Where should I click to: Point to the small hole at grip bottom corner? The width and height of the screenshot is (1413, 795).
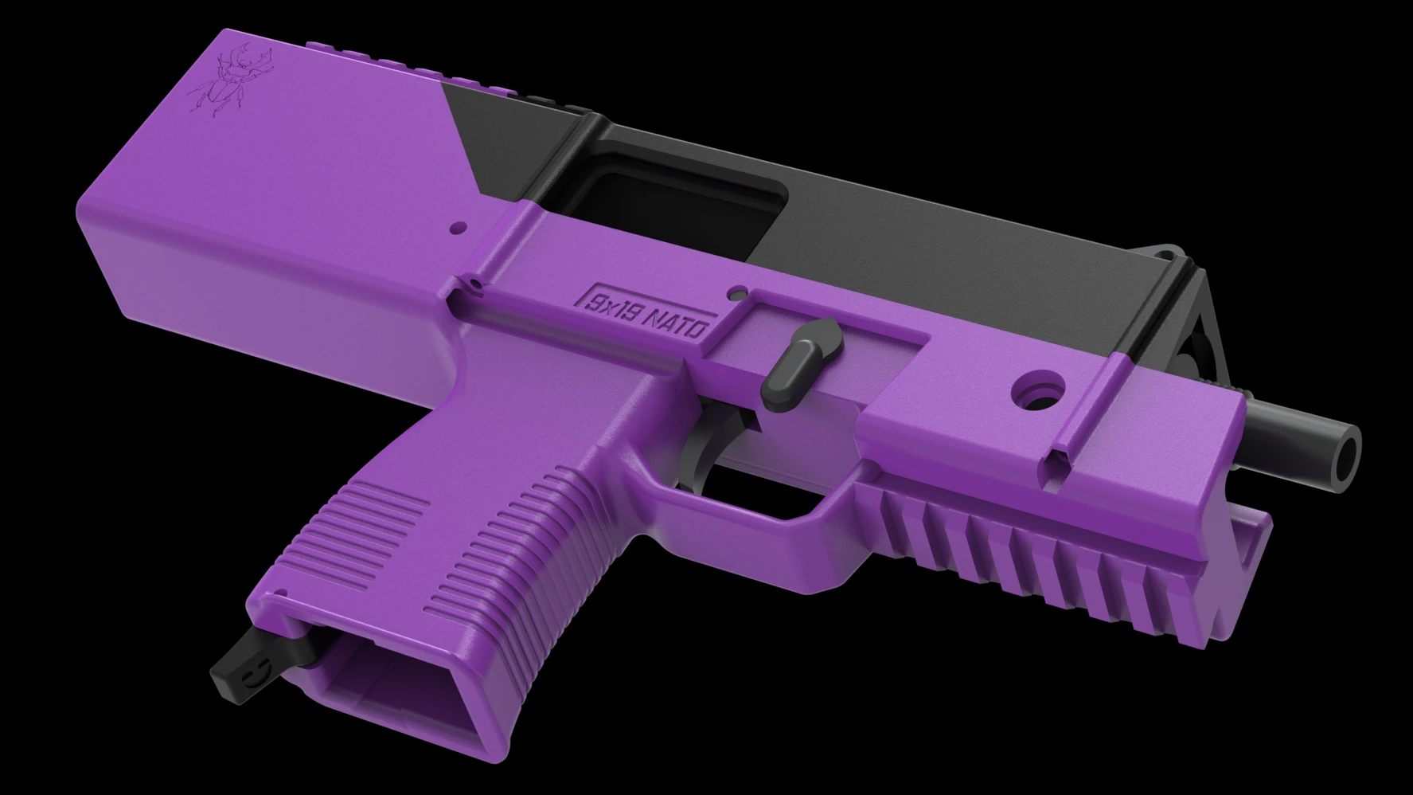click(281, 593)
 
